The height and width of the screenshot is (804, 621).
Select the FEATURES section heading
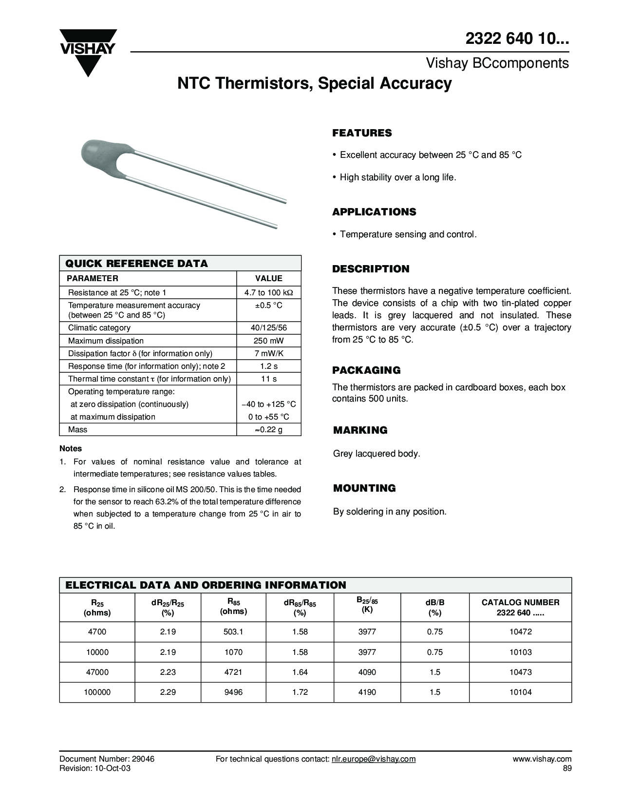[362, 133]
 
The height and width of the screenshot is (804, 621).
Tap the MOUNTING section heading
[364, 488]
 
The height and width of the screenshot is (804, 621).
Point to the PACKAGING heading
[366, 370]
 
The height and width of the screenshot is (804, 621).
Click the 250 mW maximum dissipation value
[269, 341]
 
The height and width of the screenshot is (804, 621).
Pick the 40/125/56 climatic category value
[269, 328]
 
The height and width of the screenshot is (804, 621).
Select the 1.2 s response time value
[269, 366]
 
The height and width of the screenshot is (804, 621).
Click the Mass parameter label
[78, 430]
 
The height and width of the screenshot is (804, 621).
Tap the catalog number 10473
[520, 672]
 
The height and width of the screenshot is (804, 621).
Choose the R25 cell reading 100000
[97, 692]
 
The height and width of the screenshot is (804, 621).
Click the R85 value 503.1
[233, 632]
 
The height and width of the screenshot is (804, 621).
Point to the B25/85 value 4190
[367, 692]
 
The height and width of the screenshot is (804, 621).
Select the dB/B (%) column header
[435, 608]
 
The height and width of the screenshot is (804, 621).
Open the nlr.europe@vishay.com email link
[373, 759]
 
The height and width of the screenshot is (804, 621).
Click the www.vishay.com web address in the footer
[541, 759]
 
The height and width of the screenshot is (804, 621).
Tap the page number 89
[566, 768]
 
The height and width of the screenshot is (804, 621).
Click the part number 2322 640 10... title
[517, 41]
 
